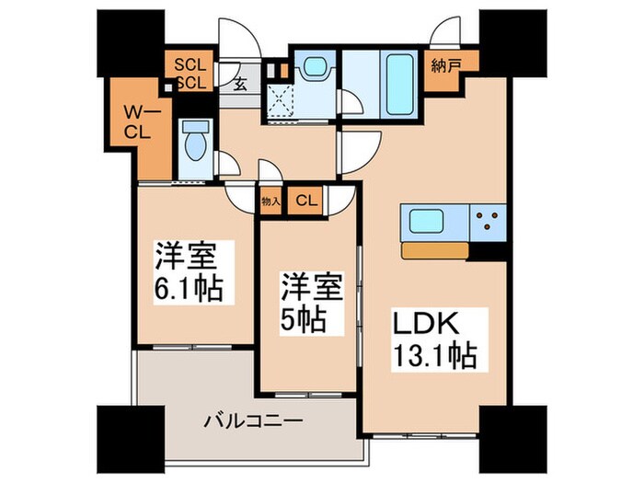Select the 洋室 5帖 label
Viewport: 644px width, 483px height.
coord(307,304)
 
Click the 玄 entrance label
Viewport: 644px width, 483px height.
coord(239,85)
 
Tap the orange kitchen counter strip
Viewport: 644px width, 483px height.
coord(436,249)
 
